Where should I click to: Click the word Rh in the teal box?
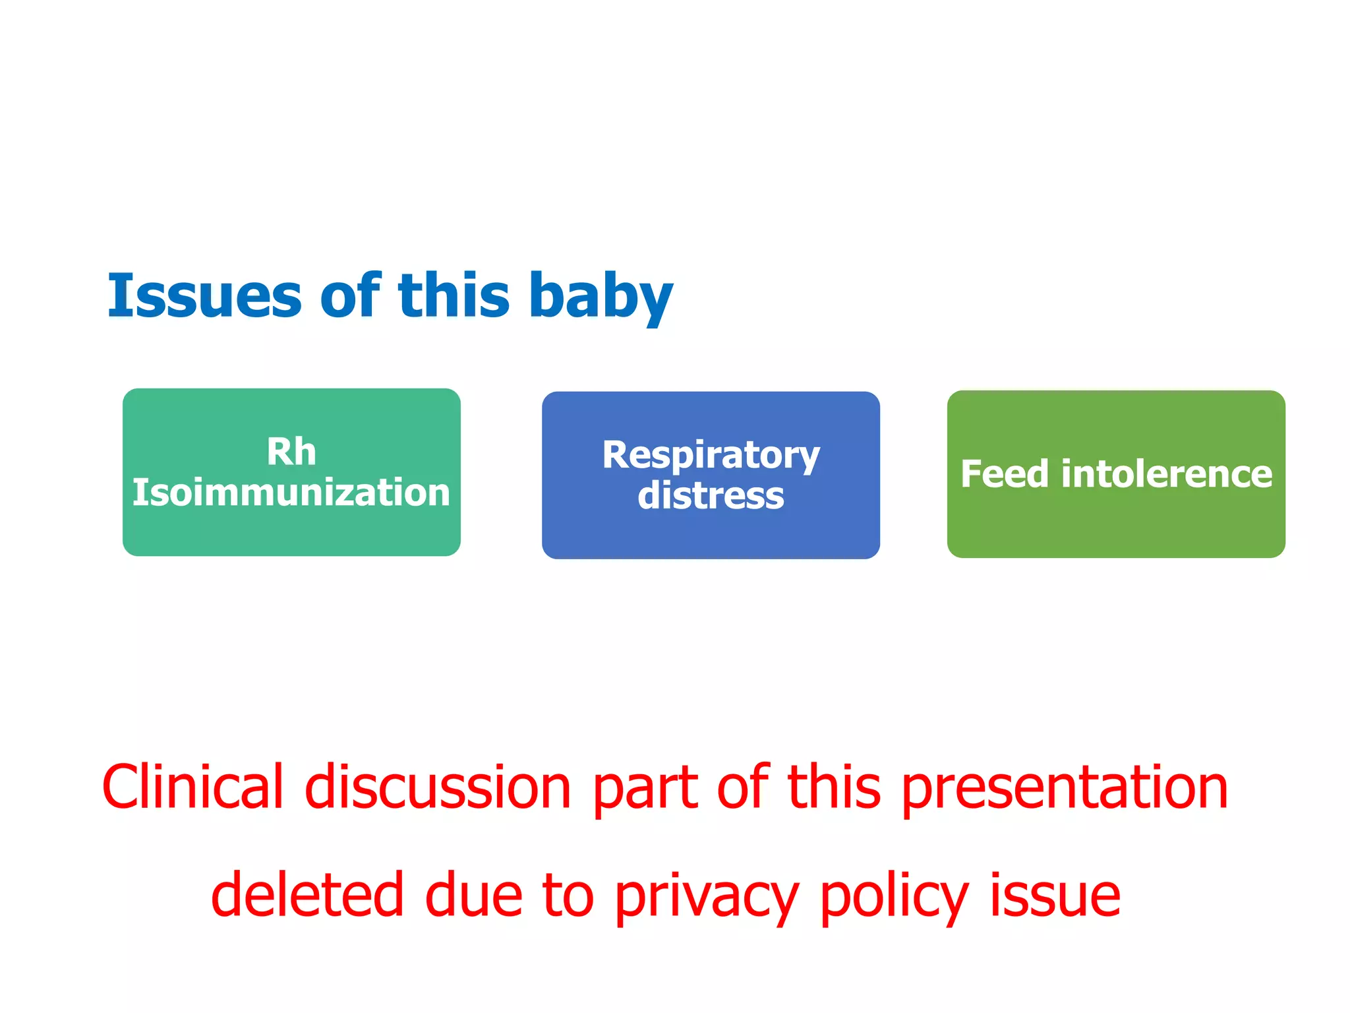[291, 452]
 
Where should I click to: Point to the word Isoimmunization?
[291, 493]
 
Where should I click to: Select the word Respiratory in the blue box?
[711, 455]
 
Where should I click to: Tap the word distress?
[711, 496]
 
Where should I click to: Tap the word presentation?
[1064, 788]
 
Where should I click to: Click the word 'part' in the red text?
[645, 788]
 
